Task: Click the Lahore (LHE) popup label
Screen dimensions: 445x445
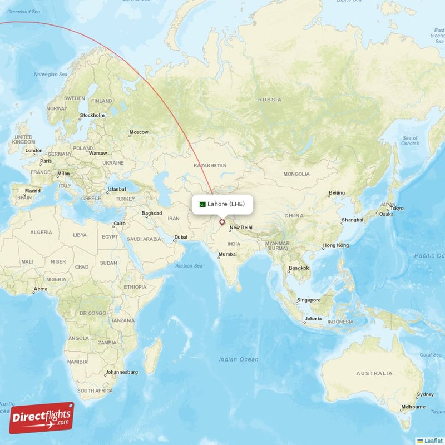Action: coord(226,204)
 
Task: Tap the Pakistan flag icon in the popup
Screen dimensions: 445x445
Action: coord(202,204)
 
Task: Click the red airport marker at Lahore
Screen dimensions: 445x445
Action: coord(222,222)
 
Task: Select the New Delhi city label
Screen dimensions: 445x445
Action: coord(241,228)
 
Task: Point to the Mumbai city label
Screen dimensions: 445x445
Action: coord(227,254)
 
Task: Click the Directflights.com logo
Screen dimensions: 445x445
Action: coord(41,418)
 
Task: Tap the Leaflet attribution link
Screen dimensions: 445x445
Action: coord(433,440)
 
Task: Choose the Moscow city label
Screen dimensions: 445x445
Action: coord(139,132)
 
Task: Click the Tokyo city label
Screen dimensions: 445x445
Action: coord(397,209)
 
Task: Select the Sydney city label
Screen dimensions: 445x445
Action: coord(425,394)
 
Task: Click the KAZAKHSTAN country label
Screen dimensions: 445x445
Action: coord(210,166)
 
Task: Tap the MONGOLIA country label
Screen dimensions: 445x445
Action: coord(296,174)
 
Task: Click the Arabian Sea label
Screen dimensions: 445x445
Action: coord(189,266)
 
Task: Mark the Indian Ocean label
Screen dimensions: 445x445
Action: coord(239,359)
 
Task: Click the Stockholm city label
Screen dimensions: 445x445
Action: coord(92,116)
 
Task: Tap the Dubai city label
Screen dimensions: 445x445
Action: coord(180,238)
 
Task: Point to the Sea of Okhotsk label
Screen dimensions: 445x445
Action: coord(410,140)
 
